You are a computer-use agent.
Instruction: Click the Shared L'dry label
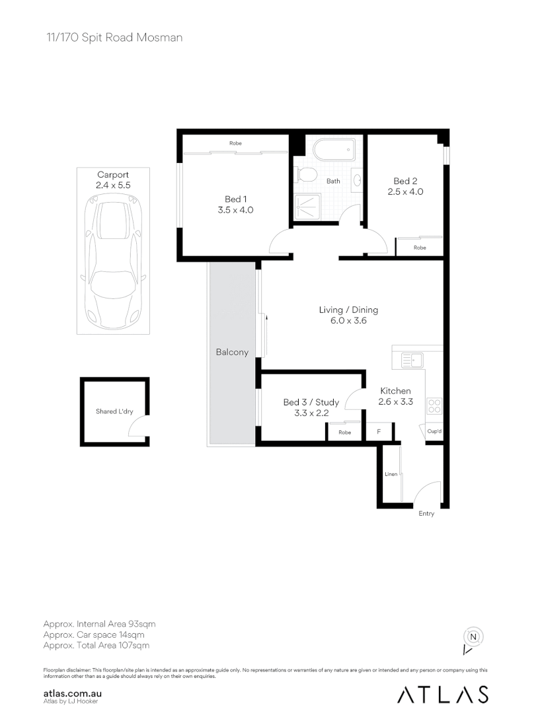tap(114, 411)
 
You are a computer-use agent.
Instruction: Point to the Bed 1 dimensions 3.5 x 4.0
tap(235, 210)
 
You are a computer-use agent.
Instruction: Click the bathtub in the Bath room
tap(333, 150)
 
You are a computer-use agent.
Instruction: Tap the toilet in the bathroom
tap(307, 175)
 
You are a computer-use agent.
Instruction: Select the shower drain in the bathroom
tap(307, 208)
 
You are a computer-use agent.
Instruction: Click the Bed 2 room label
tap(405, 181)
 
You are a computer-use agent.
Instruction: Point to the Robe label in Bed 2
tap(420, 248)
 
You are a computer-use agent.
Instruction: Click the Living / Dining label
tap(348, 310)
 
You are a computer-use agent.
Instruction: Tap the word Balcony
tap(232, 352)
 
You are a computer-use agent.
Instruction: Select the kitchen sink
tap(412, 360)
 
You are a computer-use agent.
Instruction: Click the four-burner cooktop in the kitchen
tap(434, 405)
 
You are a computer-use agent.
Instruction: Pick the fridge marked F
tap(379, 432)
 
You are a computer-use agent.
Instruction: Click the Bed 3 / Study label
tap(311, 402)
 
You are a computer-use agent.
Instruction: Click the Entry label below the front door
tap(426, 514)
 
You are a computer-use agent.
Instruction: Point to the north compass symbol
tap(473, 638)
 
